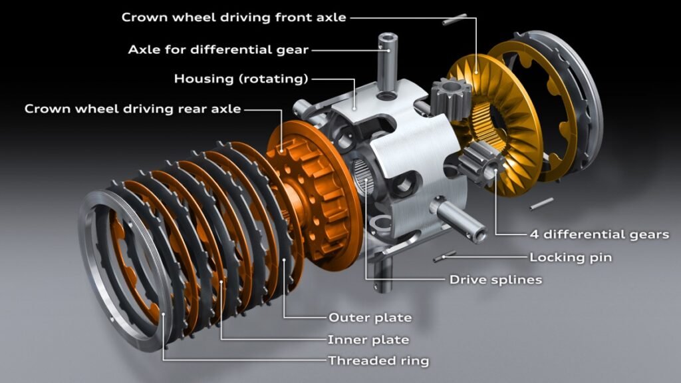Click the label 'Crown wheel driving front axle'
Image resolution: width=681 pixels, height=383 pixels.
[x=233, y=17]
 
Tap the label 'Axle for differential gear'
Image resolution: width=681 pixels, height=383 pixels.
[x=218, y=49]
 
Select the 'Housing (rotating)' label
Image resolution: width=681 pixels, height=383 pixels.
[x=241, y=79]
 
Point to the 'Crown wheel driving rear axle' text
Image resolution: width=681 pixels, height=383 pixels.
[x=132, y=108]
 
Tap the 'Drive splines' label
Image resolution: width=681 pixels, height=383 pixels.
[x=495, y=280]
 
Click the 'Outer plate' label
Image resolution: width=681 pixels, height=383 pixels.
[x=370, y=317]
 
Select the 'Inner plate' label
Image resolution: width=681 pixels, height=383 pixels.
[x=368, y=340]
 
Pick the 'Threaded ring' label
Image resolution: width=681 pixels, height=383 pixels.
[x=378, y=361]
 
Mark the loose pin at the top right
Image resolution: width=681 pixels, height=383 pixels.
[x=455, y=20]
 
